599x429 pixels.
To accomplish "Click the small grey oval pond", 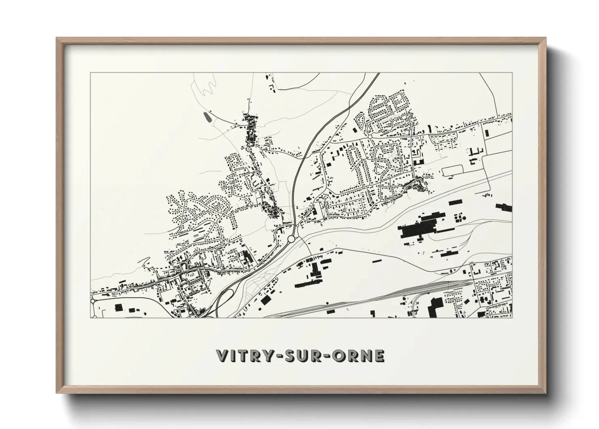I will [x=207, y=117].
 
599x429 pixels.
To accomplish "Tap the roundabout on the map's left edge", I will [x=93, y=301].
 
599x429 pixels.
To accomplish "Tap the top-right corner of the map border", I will [x=512, y=73].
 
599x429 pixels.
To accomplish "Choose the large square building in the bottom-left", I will [x=119, y=307].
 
